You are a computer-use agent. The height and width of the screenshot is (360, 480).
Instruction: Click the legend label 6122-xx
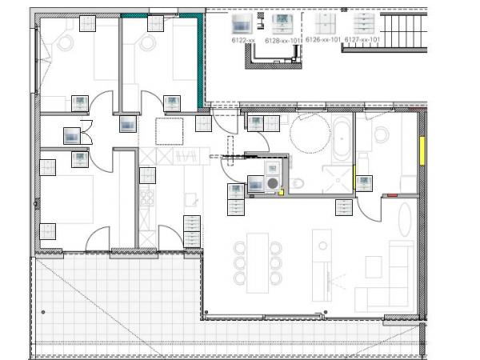click(243, 40)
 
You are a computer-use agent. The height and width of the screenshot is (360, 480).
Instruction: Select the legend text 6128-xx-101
click(282, 41)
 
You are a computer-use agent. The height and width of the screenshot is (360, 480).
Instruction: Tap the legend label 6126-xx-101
click(323, 39)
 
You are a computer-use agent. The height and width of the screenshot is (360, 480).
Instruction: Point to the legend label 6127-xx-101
click(362, 39)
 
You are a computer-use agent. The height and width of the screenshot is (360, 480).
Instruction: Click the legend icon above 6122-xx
click(242, 23)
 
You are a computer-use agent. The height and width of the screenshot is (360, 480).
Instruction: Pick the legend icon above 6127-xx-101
click(364, 23)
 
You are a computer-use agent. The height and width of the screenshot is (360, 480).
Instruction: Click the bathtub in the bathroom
click(342, 139)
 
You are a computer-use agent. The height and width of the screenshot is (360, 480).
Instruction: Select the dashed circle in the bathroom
click(310, 133)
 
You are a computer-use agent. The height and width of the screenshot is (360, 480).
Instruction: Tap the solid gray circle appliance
click(273, 183)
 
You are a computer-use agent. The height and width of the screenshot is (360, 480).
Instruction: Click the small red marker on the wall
click(393, 195)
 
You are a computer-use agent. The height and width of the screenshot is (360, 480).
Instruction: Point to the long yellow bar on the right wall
click(422, 151)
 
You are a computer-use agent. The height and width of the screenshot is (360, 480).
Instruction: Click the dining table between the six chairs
click(258, 263)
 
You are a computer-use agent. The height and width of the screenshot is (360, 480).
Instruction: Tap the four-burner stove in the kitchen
click(147, 198)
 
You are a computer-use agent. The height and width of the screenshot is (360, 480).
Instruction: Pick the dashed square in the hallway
click(170, 131)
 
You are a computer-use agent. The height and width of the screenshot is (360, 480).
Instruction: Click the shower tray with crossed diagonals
click(338, 180)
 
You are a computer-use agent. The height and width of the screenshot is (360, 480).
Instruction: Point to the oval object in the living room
click(405, 219)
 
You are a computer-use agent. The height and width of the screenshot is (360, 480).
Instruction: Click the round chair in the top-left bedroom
click(66, 42)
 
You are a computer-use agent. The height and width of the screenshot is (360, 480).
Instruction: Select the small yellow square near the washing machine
click(281, 193)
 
